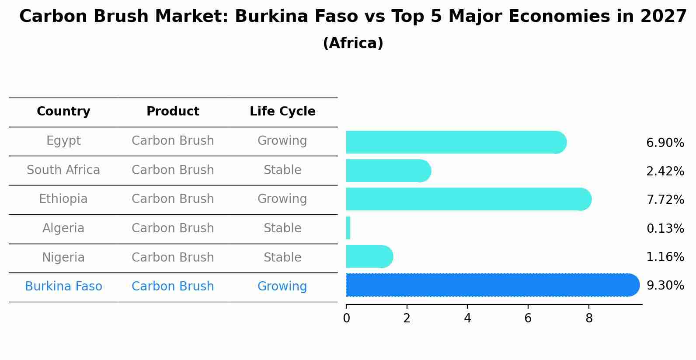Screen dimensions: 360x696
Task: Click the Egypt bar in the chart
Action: (x=455, y=142)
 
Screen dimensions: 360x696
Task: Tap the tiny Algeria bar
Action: (x=348, y=228)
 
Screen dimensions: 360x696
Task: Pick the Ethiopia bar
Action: (x=468, y=199)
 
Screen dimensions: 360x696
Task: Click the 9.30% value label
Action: (x=665, y=286)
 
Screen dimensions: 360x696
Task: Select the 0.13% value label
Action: (x=665, y=228)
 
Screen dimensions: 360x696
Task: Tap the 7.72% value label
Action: (x=665, y=200)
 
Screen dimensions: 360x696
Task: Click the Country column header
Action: (x=63, y=112)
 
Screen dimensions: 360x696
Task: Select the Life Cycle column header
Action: (x=282, y=112)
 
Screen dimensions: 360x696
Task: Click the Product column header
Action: (x=173, y=112)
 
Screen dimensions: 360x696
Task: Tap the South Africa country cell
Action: (x=63, y=170)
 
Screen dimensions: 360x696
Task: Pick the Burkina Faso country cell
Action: (x=63, y=287)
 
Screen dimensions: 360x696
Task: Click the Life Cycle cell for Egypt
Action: (x=282, y=141)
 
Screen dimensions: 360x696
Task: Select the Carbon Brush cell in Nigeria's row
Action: (x=173, y=257)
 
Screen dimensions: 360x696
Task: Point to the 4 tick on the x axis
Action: (x=467, y=318)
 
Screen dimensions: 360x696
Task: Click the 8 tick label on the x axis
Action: (x=589, y=318)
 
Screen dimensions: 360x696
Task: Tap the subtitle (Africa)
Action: (x=353, y=43)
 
